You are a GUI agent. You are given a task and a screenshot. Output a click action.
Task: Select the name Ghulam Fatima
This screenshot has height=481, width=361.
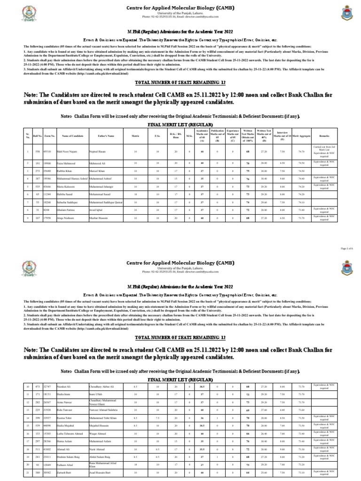(x=66, y=210)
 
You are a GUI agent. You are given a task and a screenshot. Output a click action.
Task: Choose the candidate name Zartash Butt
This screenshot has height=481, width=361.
(x=65, y=472)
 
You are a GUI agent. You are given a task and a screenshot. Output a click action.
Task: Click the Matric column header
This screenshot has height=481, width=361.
(x=135, y=136)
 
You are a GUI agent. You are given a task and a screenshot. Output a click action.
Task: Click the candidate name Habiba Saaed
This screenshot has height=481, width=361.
(x=65, y=194)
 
